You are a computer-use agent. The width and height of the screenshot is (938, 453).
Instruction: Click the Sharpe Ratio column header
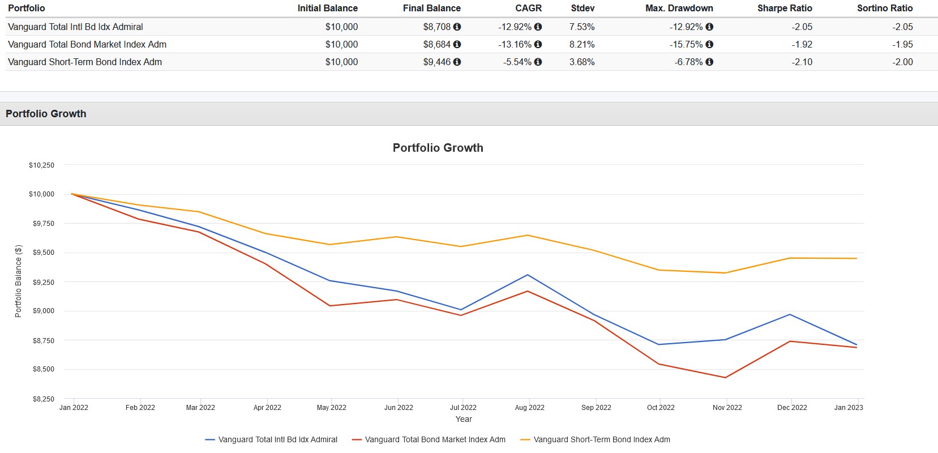tap(784, 8)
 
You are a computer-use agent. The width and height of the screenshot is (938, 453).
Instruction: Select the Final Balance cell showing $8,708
tap(436, 27)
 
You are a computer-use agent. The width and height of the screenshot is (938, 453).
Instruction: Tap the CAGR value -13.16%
tap(515, 44)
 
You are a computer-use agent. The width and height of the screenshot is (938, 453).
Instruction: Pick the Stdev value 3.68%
tap(582, 62)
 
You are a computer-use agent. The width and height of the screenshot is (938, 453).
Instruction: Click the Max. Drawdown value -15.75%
tap(686, 44)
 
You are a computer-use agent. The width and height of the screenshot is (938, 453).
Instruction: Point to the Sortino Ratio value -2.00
tap(902, 62)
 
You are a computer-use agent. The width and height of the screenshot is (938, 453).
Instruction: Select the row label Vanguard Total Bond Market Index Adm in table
tap(87, 44)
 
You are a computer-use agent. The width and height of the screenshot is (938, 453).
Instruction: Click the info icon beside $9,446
tap(457, 62)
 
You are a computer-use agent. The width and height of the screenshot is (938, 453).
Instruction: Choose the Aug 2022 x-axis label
tap(529, 407)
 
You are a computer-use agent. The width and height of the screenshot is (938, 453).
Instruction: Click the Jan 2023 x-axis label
tap(848, 407)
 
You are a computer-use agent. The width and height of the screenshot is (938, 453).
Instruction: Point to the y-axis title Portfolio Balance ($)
tap(18, 281)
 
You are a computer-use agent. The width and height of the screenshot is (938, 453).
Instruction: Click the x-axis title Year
tap(464, 419)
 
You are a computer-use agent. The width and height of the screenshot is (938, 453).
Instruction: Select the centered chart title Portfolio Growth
tap(438, 148)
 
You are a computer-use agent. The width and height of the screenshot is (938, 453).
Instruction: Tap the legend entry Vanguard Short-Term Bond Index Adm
tap(601, 439)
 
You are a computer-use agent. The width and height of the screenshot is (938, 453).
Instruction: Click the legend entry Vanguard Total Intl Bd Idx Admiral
tap(277, 439)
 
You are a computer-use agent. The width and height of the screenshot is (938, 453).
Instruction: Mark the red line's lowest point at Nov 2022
tap(726, 378)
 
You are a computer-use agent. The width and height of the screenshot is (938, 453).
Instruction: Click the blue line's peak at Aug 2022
tap(528, 275)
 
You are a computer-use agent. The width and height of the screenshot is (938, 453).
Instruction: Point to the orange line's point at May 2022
tap(330, 245)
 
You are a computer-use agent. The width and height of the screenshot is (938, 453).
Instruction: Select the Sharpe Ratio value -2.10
tap(802, 62)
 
